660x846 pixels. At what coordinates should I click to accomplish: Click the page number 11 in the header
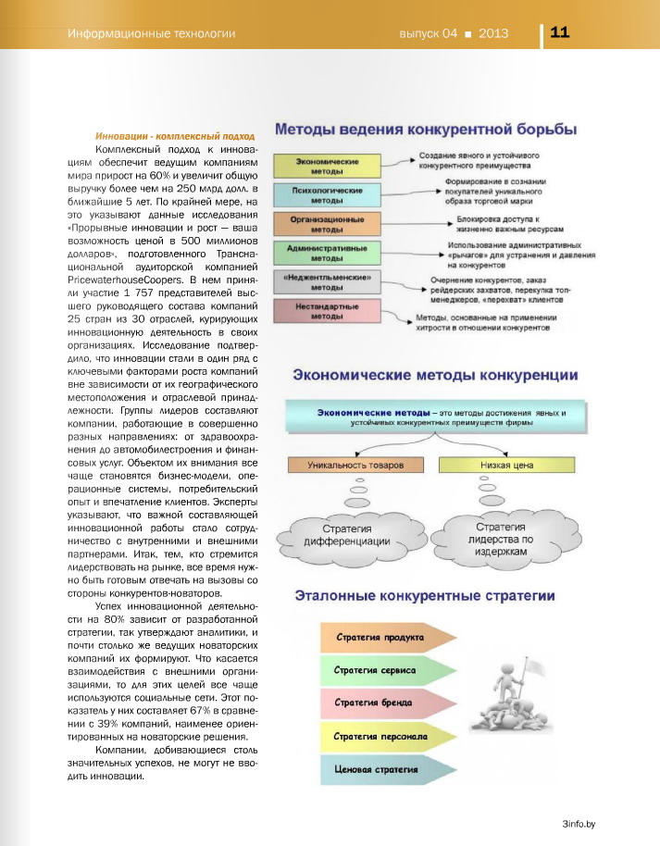point(559,32)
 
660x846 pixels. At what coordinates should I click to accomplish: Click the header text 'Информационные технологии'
point(151,34)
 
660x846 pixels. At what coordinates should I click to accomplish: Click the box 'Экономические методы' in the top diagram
point(328,167)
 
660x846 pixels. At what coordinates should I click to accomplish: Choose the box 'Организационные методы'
point(328,224)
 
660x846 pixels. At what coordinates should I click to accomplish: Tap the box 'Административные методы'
point(328,253)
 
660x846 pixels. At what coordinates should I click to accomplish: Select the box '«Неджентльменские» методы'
point(328,282)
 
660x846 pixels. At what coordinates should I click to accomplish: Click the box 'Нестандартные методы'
point(328,311)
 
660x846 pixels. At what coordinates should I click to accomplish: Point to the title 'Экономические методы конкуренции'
point(436,375)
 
